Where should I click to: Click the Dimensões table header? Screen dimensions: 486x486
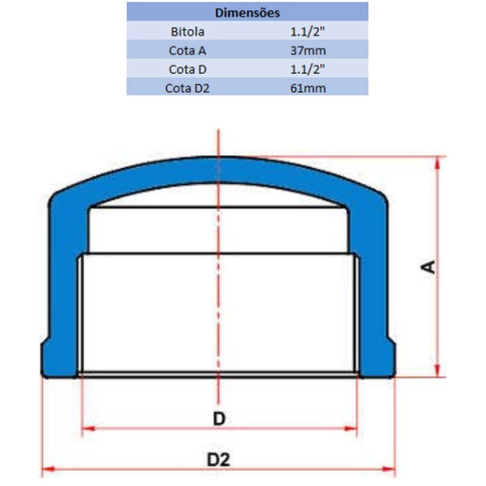point(247,13)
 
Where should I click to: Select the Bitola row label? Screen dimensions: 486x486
point(187,32)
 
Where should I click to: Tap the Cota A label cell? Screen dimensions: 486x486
point(187,50)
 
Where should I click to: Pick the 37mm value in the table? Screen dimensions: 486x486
point(308,50)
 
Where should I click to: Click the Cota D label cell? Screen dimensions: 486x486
point(187,69)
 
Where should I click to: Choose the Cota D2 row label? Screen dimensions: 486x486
point(187,88)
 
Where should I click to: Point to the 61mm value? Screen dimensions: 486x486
point(308,88)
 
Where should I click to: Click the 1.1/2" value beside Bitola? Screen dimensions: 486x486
point(307,32)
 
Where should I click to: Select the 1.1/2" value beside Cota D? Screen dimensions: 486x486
point(307,69)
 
